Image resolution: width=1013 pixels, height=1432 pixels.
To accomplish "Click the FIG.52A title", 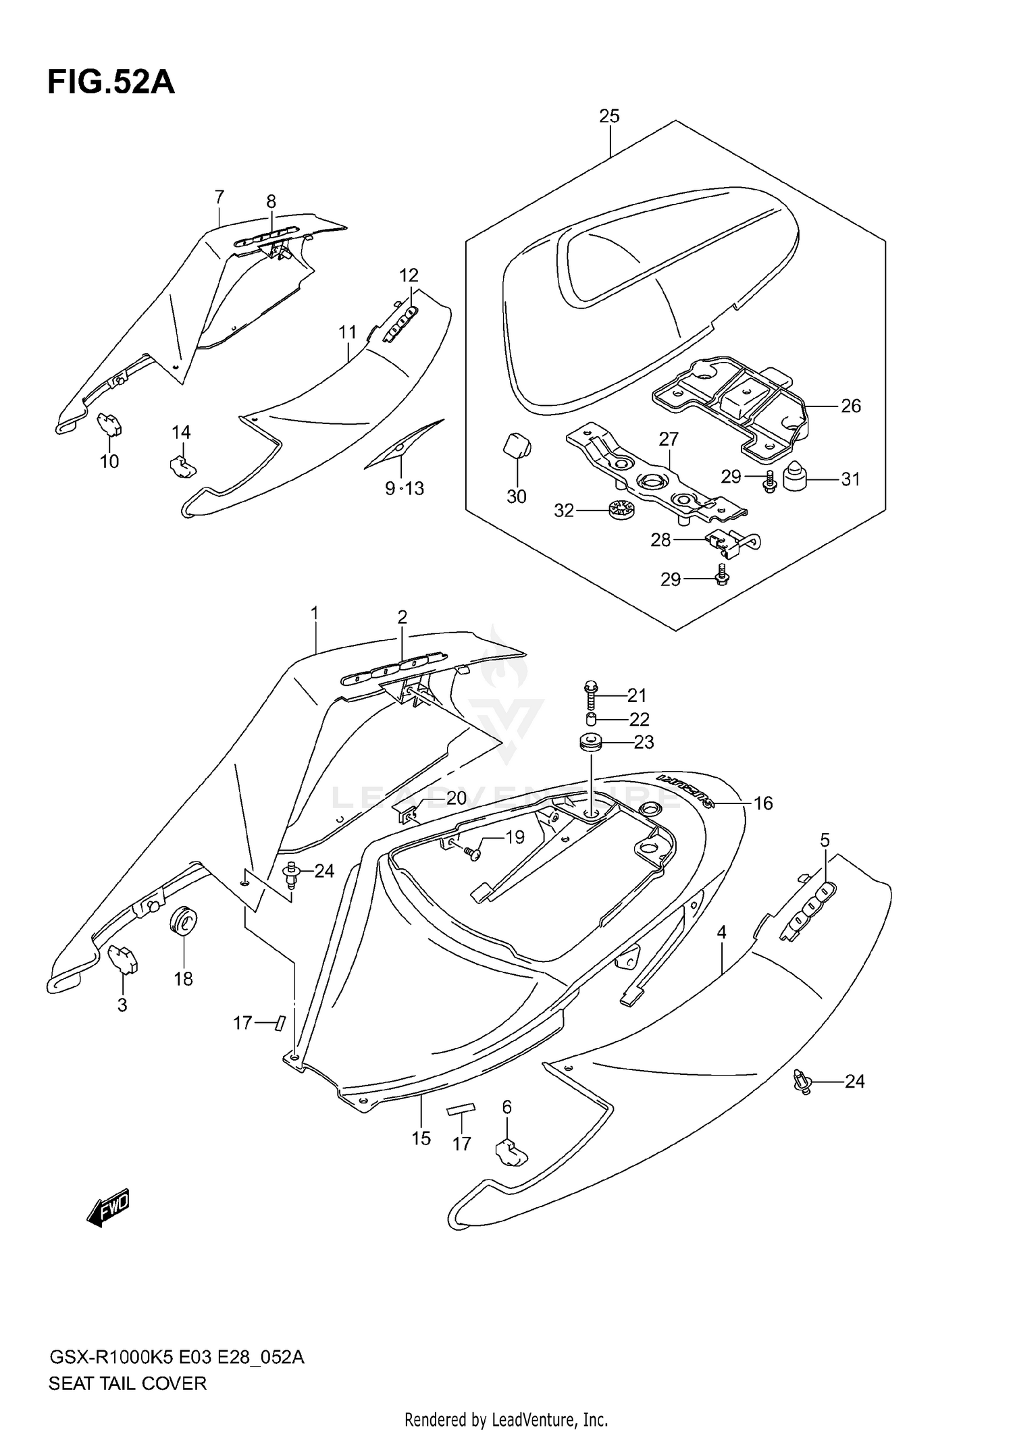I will click(x=111, y=83).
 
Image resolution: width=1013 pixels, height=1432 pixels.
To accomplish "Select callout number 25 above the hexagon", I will click(x=608, y=116).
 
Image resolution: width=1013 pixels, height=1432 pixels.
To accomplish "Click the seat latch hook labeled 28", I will click(x=726, y=541).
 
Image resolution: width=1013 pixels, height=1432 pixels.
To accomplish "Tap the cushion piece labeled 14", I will click(x=181, y=465).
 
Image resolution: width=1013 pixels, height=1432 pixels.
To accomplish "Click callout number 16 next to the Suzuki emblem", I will click(x=763, y=803).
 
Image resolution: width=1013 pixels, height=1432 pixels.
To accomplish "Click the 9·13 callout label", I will click(x=405, y=488).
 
